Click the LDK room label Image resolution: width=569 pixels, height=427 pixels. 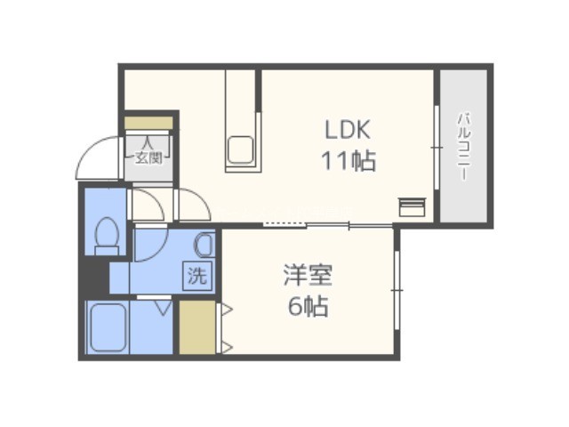348,130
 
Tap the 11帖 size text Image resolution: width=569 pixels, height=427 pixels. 349,160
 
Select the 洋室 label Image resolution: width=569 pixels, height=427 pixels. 308,275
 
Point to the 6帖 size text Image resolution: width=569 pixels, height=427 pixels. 309,306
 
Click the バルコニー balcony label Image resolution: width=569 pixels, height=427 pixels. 464,147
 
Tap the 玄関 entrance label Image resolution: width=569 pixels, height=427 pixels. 148,157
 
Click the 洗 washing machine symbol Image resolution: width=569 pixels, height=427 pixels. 197,276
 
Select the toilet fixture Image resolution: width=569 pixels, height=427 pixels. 107,236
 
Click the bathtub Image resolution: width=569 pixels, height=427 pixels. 108,327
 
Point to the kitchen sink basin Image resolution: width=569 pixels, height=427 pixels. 240,149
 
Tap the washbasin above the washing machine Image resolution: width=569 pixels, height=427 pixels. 205,244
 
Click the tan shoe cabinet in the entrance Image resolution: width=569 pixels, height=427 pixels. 148,123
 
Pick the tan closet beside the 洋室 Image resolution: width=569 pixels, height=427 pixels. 197,327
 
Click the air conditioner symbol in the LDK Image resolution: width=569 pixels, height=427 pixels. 413,207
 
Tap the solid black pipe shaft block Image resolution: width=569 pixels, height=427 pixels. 94,275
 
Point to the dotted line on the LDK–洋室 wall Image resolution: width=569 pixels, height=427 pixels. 284,224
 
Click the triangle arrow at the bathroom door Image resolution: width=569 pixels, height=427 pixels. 164,307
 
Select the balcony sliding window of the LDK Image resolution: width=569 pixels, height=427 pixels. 437,148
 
